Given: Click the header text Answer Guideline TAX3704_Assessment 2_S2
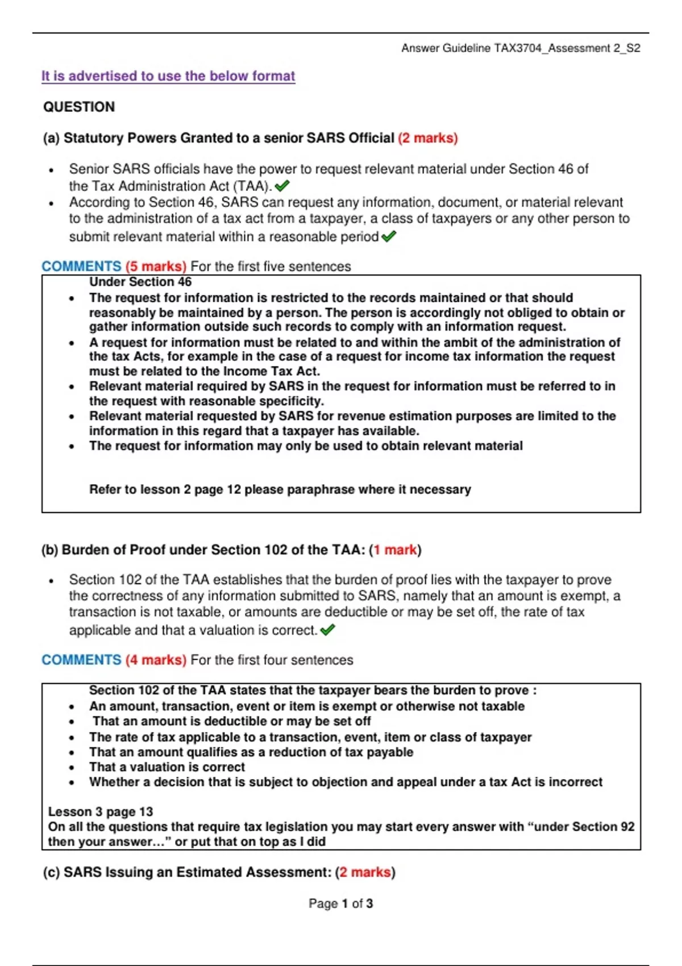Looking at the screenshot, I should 520,48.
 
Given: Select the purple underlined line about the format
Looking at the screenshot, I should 168,76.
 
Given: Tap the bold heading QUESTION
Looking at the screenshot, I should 79,107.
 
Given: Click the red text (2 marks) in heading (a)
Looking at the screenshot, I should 428,138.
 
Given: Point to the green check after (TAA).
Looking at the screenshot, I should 282,185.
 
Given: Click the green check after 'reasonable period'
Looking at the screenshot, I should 389,236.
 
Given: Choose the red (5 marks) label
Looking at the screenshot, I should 156,267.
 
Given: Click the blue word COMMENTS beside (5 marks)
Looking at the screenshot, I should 81,267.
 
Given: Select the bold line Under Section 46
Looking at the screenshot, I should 140,282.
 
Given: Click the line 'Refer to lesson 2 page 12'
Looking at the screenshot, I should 280,490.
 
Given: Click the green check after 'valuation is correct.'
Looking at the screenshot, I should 328,630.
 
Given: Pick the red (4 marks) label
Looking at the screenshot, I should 156,660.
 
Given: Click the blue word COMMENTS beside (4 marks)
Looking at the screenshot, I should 81,660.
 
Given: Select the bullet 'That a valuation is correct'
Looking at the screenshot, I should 167,767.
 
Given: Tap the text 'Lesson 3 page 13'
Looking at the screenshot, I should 101,812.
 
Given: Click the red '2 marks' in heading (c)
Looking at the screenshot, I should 365,872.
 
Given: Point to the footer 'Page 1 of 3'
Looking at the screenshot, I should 340,903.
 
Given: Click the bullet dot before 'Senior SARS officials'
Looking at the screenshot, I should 52,170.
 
